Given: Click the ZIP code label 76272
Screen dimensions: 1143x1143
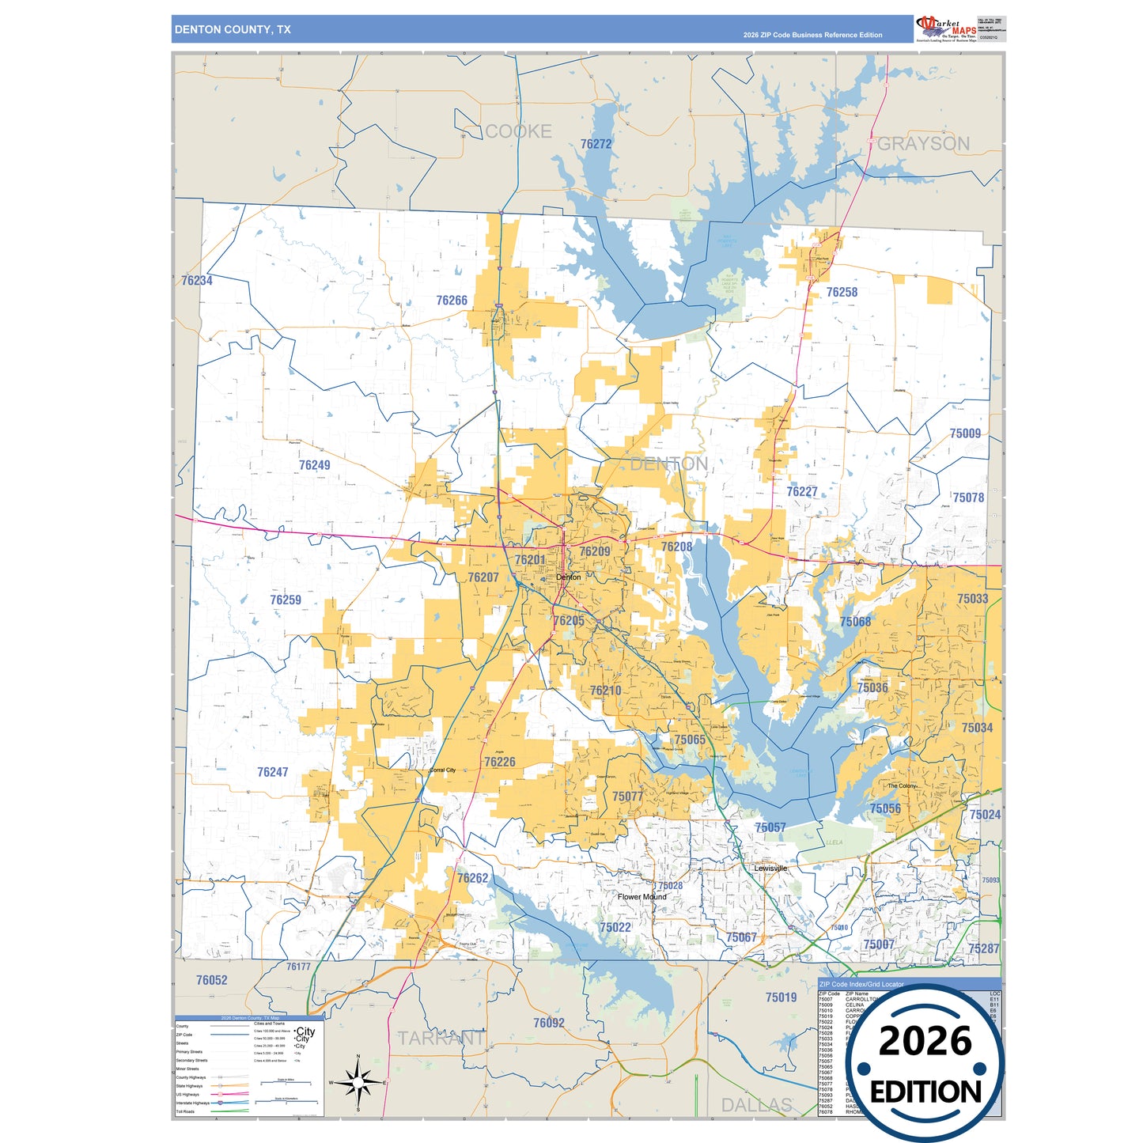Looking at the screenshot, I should click(596, 144).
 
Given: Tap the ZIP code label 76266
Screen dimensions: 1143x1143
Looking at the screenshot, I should click(452, 301).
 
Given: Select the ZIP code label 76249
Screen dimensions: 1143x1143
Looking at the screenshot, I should click(314, 465).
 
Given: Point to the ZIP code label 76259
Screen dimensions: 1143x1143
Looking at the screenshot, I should click(286, 600).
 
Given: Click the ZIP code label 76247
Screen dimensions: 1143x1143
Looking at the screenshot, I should click(272, 772).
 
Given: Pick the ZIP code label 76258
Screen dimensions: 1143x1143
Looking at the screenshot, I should click(842, 292).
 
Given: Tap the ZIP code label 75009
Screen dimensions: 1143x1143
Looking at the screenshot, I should click(965, 433).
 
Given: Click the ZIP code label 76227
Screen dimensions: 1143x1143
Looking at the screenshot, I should click(801, 492).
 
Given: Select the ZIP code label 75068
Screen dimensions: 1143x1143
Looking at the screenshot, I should click(855, 622).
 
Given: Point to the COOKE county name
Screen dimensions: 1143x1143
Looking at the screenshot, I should click(518, 131).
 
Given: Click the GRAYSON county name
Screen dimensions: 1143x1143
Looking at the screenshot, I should click(923, 144).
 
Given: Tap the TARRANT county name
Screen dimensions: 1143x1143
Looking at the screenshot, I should click(441, 1038).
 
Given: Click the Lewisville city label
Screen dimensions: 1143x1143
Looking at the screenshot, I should click(770, 869).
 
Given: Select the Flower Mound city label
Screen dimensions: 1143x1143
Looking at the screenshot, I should click(642, 897).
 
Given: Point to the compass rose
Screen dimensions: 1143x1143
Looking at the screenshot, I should click(358, 1082).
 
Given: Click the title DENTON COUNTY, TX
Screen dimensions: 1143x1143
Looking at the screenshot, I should click(233, 29).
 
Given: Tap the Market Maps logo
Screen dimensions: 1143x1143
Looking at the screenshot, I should click(946, 28).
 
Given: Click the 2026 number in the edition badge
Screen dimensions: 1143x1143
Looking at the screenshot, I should click(925, 1041).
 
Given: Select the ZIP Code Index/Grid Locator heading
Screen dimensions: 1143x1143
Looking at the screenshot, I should click(861, 984).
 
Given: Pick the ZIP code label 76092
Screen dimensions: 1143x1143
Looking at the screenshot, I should click(549, 1023).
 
